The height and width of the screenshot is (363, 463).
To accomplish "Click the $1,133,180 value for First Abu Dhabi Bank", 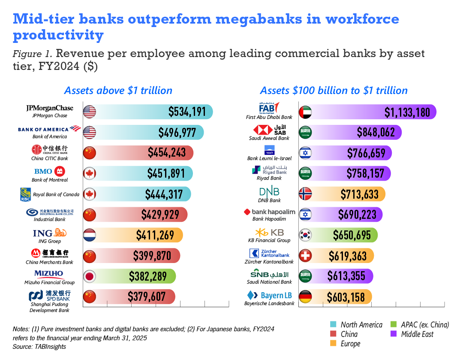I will coord(407,112).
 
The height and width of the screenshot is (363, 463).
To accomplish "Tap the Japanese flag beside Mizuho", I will coord(90,276).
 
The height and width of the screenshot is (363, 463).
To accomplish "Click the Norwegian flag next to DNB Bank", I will coord(305,194).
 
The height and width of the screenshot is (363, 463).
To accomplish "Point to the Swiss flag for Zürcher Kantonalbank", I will coord(305,256).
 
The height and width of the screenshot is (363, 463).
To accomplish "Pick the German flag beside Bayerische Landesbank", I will coord(305,297).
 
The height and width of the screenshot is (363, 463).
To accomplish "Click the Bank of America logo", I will coord(49,129).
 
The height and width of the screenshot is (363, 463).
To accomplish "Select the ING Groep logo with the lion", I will coord(49,233).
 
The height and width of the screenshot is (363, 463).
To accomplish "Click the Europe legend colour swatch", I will coord(333,343).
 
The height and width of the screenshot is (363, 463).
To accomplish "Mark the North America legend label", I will coord(361,324).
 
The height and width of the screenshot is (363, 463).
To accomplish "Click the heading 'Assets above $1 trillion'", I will coord(118,91).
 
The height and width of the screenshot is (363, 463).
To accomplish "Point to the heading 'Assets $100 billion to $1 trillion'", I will coord(334,91).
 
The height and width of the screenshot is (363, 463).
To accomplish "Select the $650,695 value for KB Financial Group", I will coord(352,235).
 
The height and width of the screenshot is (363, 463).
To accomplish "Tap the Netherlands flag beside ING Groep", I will coord(90,235).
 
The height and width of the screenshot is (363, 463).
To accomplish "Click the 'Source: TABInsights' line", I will coord(39,346).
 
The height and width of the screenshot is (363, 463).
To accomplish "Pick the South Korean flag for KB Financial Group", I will coord(305,235).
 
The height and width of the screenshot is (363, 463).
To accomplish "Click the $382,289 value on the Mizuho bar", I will coord(148,276).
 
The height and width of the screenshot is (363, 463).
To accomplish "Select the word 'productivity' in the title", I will coord(58,35).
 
